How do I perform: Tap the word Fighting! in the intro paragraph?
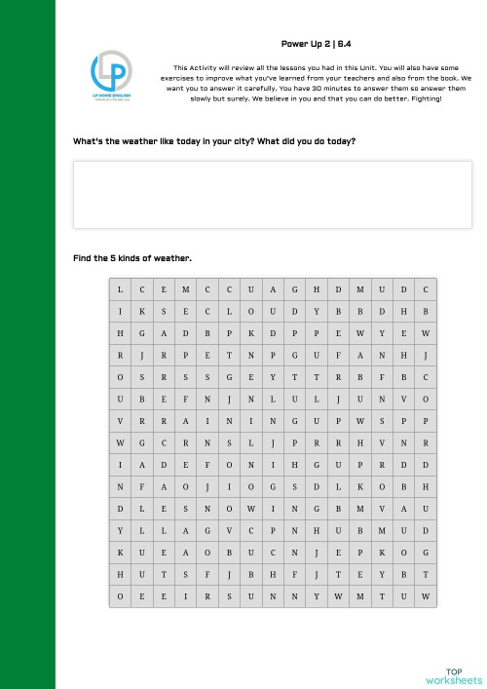(x=425, y=98)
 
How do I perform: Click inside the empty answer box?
(x=272, y=194)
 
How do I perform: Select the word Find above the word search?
(x=82, y=258)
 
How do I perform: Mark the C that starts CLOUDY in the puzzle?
(x=207, y=312)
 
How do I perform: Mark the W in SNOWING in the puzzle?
(x=251, y=510)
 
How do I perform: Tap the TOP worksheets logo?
(x=452, y=675)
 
